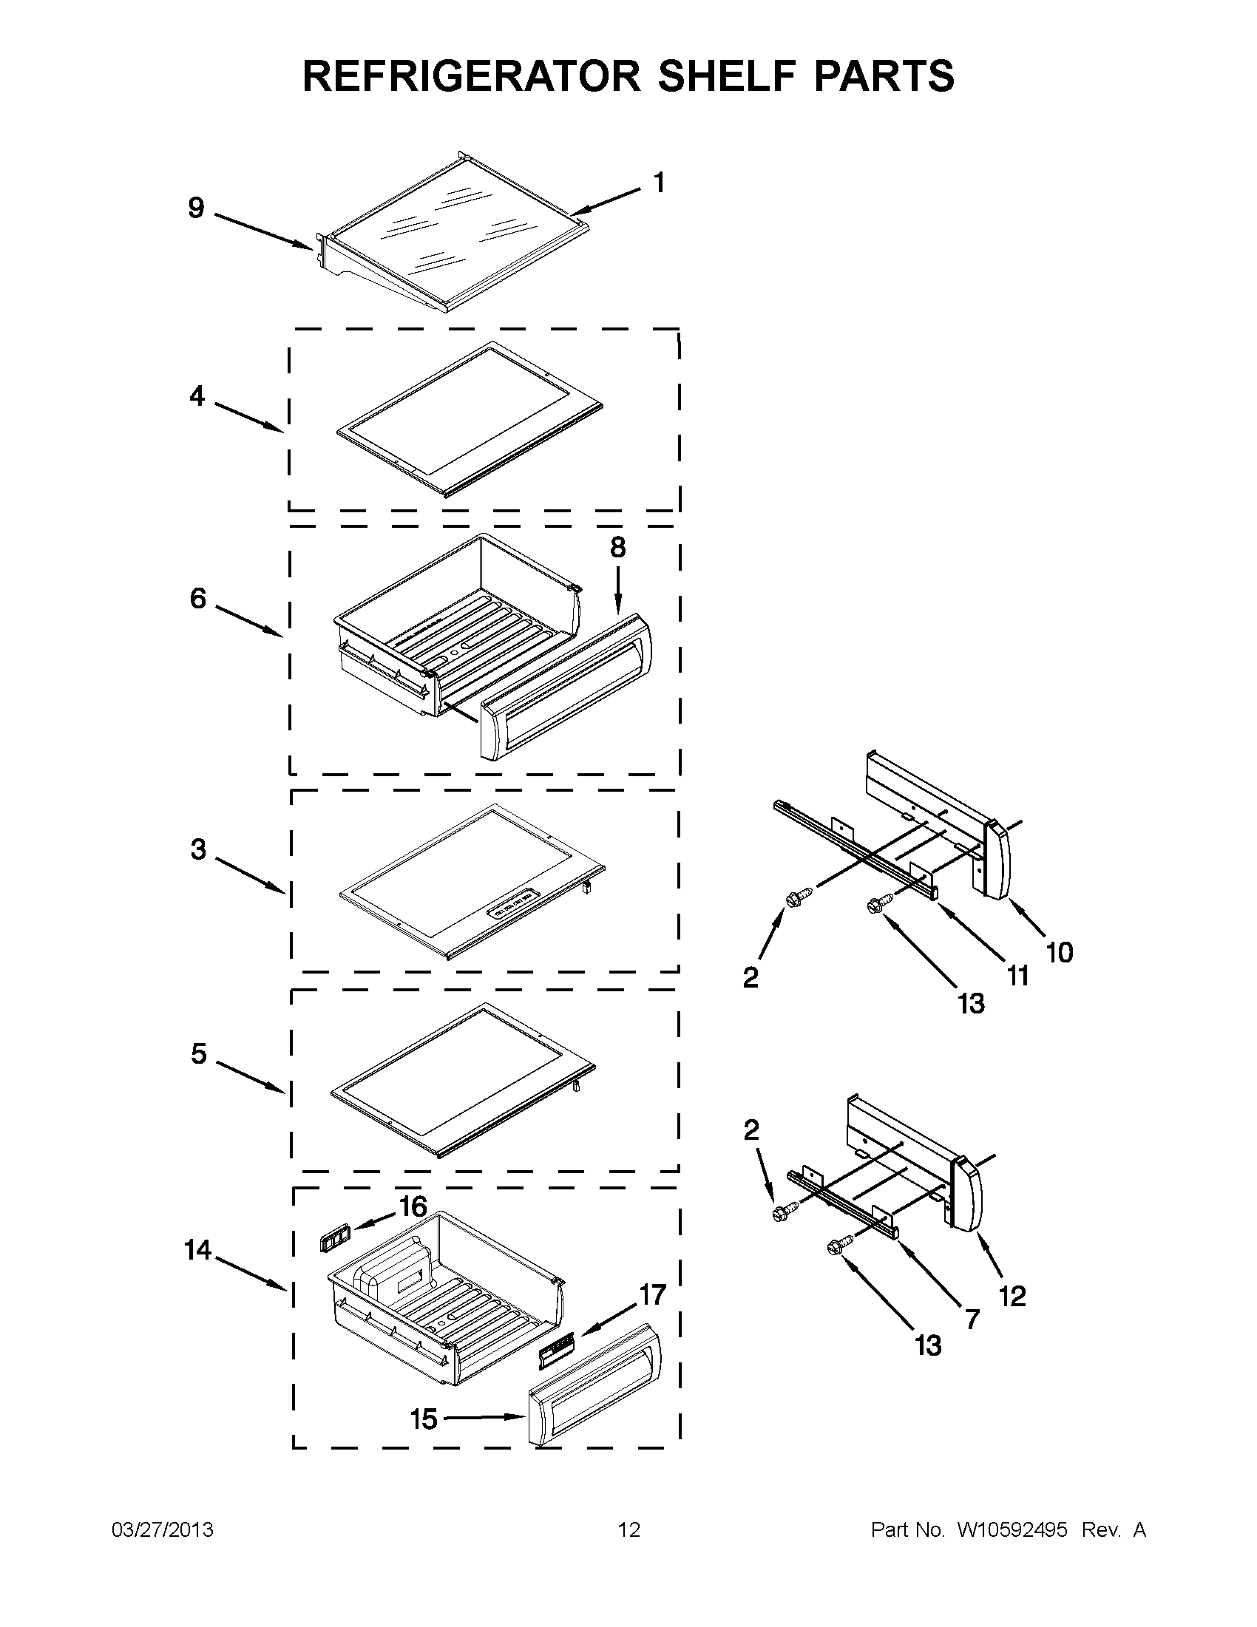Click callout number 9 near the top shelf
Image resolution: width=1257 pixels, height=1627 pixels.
(x=196, y=208)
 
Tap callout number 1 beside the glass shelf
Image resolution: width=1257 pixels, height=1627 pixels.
(x=659, y=183)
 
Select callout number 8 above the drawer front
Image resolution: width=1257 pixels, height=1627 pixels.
(x=617, y=548)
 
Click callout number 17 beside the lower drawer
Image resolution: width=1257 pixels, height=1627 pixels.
(x=652, y=1296)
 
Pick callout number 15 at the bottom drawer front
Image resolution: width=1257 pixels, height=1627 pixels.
(x=424, y=1419)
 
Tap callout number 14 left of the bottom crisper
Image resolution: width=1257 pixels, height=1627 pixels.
(x=198, y=1249)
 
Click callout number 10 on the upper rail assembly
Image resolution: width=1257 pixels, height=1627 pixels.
(x=1059, y=952)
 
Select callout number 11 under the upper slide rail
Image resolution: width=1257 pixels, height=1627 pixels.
(x=1017, y=975)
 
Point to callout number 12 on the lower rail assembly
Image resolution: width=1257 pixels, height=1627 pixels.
(x=1012, y=1297)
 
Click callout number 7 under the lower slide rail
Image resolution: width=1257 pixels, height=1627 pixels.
(x=972, y=1319)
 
